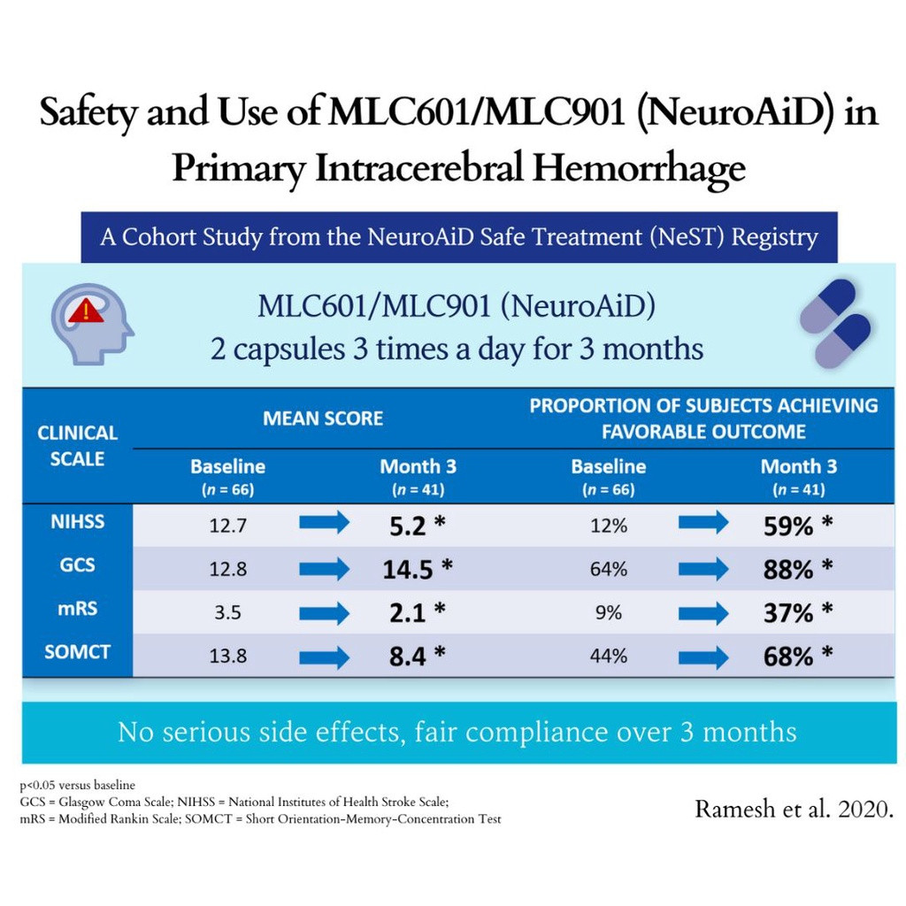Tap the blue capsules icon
834,323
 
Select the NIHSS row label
77,522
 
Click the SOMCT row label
77,653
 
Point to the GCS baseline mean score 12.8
228,570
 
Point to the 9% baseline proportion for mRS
609,612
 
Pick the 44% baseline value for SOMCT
609,656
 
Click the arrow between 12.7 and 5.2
325,524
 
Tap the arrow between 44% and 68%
703,656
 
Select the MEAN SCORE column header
323,418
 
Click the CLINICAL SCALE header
77,446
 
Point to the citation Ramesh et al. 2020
793,809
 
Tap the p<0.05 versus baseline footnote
77,785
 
